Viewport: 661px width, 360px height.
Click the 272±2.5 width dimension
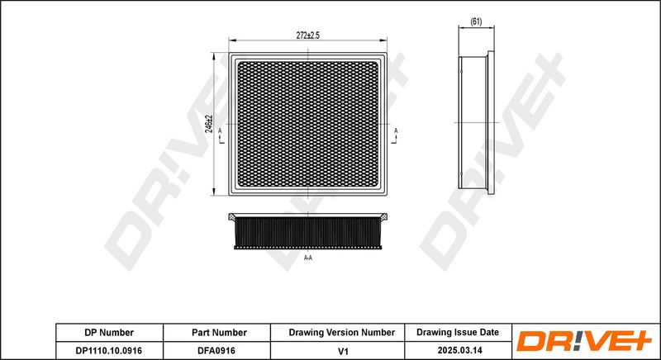307,36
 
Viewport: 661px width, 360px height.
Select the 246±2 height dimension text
209,124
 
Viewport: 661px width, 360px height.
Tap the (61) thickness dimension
476,22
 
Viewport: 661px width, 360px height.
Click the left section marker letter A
220,131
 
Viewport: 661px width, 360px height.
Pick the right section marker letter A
396,131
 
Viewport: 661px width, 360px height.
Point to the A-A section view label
308,258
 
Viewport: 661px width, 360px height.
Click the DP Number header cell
109,333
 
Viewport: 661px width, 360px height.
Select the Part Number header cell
219,333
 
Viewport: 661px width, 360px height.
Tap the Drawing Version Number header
342,333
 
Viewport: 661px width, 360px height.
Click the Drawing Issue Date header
458,332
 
